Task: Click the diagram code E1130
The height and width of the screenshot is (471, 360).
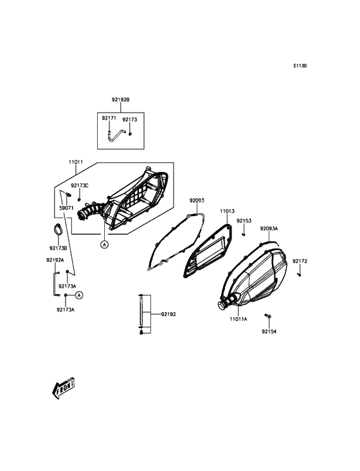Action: coord(300,66)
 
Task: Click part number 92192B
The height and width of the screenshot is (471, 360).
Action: coord(121,100)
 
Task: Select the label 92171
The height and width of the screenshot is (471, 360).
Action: coord(109,118)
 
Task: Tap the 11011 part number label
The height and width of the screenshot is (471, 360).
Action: coord(76,162)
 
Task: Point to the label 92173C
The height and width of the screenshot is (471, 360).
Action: coord(80,186)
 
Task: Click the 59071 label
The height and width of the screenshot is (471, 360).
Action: coord(66,208)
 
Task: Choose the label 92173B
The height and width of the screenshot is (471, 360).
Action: coord(58,248)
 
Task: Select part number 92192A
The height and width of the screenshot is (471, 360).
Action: coord(55,260)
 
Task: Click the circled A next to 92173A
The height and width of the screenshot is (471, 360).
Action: coord(79,295)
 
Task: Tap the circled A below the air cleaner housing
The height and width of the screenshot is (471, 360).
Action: coord(104,245)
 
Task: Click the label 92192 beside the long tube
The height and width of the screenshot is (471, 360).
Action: coord(168,314)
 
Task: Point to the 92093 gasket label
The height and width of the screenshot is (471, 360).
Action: coord(197,200)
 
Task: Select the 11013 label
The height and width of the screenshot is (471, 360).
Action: coord(227,212)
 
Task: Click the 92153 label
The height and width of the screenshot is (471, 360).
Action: coord(244,221)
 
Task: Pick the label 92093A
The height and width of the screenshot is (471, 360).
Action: coord(269,228)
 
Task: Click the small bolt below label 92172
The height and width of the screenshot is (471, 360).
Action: coord(299,275)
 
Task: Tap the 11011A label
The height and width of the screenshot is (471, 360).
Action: coord(239,319)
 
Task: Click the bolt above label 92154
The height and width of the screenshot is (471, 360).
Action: coord(267,315)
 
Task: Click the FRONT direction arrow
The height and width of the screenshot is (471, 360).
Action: coord(63,388)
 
